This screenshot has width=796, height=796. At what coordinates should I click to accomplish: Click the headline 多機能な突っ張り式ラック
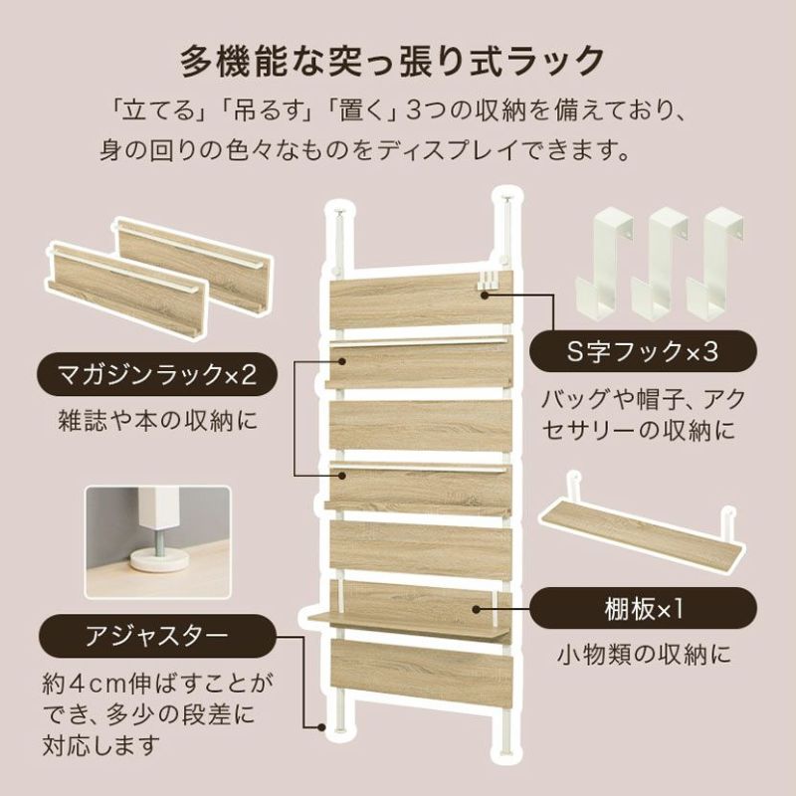(392, 62)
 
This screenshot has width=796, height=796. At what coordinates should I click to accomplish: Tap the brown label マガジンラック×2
(157, 375)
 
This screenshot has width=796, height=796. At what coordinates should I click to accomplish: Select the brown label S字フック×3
(643, 351)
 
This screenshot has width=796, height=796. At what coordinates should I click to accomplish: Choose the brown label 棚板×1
(643, 609)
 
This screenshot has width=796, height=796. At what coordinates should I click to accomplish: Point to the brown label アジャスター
(157, 636)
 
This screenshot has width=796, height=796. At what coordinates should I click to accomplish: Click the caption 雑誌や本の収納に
(157, 421)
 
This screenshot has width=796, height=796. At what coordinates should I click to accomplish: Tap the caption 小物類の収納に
(644, 655)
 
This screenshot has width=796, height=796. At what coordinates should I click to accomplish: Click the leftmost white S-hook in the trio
(603, 265)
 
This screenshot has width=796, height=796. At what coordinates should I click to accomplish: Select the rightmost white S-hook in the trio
(715, 265)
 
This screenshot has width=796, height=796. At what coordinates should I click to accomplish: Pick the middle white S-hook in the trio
(659, 265)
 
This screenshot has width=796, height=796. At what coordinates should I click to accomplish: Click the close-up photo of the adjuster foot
(158, 541)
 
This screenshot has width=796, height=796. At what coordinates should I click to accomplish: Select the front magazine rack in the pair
(127, 287)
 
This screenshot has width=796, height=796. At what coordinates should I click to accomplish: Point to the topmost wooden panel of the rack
(421, 299)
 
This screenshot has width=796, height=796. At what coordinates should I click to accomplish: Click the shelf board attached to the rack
(409, 626)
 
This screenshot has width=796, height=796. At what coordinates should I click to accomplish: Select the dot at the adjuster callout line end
(320, 727)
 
